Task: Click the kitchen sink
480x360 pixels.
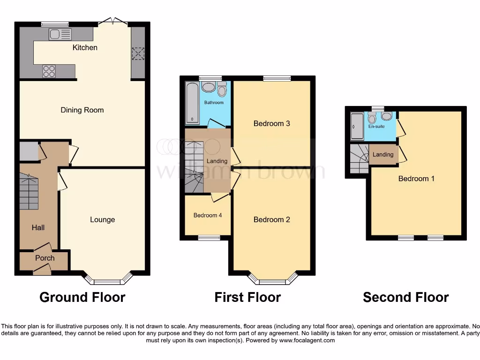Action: (60, 34)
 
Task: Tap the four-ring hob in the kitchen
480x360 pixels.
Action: (49, 71)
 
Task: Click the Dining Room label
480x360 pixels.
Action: (82, 110)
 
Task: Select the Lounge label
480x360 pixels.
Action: (102, 219)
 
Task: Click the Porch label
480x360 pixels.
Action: (45, 258)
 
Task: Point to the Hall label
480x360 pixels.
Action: (38, 227)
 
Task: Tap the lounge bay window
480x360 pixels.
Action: (107, 281)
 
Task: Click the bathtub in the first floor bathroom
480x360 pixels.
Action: (192, 103)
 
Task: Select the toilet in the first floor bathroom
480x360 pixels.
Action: (222, 89)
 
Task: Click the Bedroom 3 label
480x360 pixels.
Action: (271, 124)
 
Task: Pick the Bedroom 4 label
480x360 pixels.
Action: (207, 216)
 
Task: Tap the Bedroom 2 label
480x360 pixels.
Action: (271, 219)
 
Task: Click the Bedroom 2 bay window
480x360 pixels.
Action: (273, 281)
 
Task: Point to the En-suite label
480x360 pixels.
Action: (376, 127)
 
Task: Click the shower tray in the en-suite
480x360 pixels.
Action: (357, 126)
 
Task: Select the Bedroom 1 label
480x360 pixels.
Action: (416, 179)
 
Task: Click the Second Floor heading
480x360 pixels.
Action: (405, 297)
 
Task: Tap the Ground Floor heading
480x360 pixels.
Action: (82, 297)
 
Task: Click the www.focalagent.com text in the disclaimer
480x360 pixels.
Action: (307, 340)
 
